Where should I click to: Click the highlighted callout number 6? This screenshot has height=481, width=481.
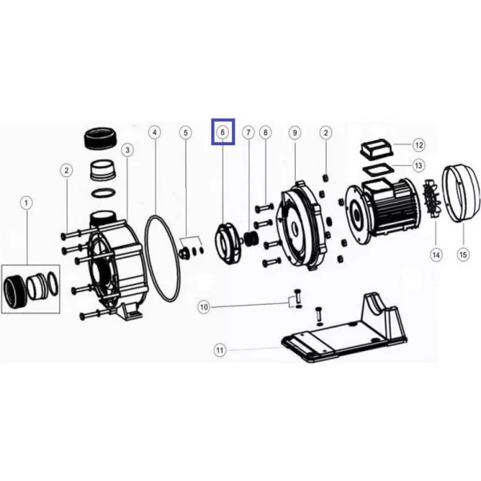(223, 132)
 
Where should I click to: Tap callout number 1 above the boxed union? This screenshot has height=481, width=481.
(26, 203)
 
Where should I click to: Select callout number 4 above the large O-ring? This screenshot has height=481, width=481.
(155, 132)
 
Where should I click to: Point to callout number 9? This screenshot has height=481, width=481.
(295, 132)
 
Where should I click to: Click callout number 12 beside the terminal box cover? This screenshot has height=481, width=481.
(419, 145)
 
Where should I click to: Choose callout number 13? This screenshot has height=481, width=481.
(419, 166)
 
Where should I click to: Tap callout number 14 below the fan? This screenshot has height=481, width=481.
(436, 254)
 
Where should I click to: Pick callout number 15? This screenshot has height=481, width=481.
(463, 254)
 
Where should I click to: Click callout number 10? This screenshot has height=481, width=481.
(204, 307)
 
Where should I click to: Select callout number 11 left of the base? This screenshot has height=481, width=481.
(220, 350)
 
